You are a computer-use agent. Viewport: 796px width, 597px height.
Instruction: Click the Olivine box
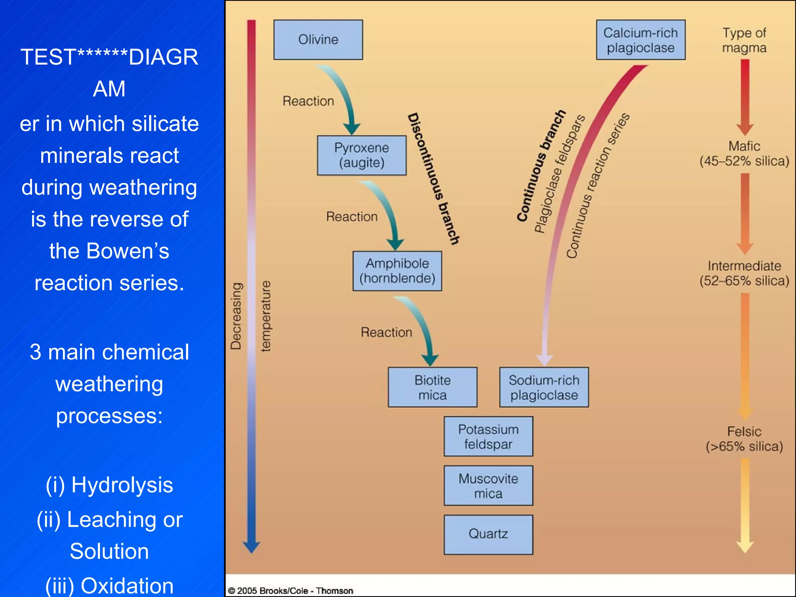coord(318,40)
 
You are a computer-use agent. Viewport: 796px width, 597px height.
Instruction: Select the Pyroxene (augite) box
coord(361,155)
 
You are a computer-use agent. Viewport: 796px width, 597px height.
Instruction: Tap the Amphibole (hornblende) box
coord(397,271)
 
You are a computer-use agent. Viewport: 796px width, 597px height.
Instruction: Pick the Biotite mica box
coord(432,387)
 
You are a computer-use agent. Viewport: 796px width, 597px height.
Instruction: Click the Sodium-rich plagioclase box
coord(544,387)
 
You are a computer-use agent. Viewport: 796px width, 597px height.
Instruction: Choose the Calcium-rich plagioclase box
coord(641,40)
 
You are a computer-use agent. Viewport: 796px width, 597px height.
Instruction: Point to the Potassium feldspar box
coord(488,436)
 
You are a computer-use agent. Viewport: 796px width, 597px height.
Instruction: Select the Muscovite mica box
coord(488,485)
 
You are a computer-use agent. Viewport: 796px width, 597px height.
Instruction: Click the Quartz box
coord(488,534)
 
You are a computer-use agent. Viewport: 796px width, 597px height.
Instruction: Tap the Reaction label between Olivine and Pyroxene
coord(308,101)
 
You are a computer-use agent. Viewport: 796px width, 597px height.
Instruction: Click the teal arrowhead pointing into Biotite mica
coord(430,359)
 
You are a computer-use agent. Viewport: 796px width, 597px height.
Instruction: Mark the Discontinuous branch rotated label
coord(433,179)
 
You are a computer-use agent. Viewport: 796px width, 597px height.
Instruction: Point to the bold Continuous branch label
coord(541,166)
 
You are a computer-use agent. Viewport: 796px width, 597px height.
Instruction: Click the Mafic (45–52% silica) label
coord(744,154)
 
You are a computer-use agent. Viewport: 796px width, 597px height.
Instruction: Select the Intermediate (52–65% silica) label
coord(744,273)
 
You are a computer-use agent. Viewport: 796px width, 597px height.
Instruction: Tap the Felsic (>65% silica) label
coord(744,439)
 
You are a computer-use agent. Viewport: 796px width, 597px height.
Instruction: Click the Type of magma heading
coord(744,40)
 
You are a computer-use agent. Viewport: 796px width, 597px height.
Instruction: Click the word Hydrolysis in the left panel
coord(122,485)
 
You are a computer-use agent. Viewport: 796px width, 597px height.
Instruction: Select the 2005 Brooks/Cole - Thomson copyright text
coord(291,591)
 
